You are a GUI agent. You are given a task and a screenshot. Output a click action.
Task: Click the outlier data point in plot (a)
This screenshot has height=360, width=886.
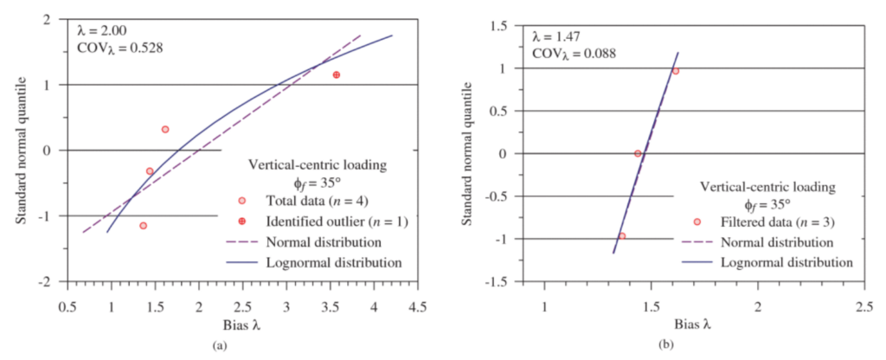coord(336,75)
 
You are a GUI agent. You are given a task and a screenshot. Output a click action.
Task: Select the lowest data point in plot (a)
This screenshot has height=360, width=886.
coord(143,226)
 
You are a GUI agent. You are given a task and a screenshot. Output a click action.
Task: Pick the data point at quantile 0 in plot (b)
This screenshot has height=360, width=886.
coord(638,153)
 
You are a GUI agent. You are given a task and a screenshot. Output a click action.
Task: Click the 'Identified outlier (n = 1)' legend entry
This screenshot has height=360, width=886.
coord(337,222)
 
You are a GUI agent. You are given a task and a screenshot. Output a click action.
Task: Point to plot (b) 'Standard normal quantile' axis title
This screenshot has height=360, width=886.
coord(471,154)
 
